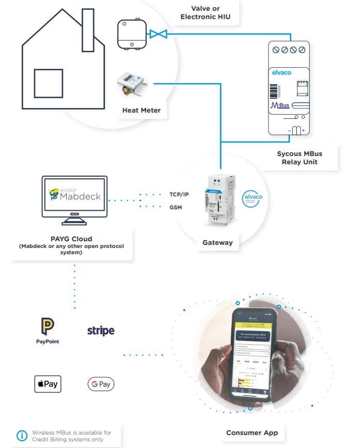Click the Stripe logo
pyautogui.click(x=101, y=330)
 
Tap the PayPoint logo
pyautogui.click(x=48, y=331)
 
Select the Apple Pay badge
pyautogui.click(x=48, y=384)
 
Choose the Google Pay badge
pyautogui.click(x=101, y=384)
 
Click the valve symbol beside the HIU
pyautogui.click(x=157, y=34)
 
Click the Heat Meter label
pyautogui.click(x=141, y=110)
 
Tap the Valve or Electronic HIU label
pyautogui.click(x=205, y=13)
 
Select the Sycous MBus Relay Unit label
pyautogui.click(x=299, y=158)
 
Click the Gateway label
pyautogui.click(x=217, y=242)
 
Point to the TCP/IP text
pyautogui.click(x=180, y=195)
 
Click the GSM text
pyautogui.click(x=176, y=207)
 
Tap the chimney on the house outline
pyautogui.click(x=87, y=28)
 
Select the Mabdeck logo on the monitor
pyautogui.click(x=74, y=195)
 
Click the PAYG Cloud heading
pyautogui.click(x=71, y=239)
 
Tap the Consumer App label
pyautogui.click(x=252, y=432)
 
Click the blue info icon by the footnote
pyautogui.click(x=22, y=435)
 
